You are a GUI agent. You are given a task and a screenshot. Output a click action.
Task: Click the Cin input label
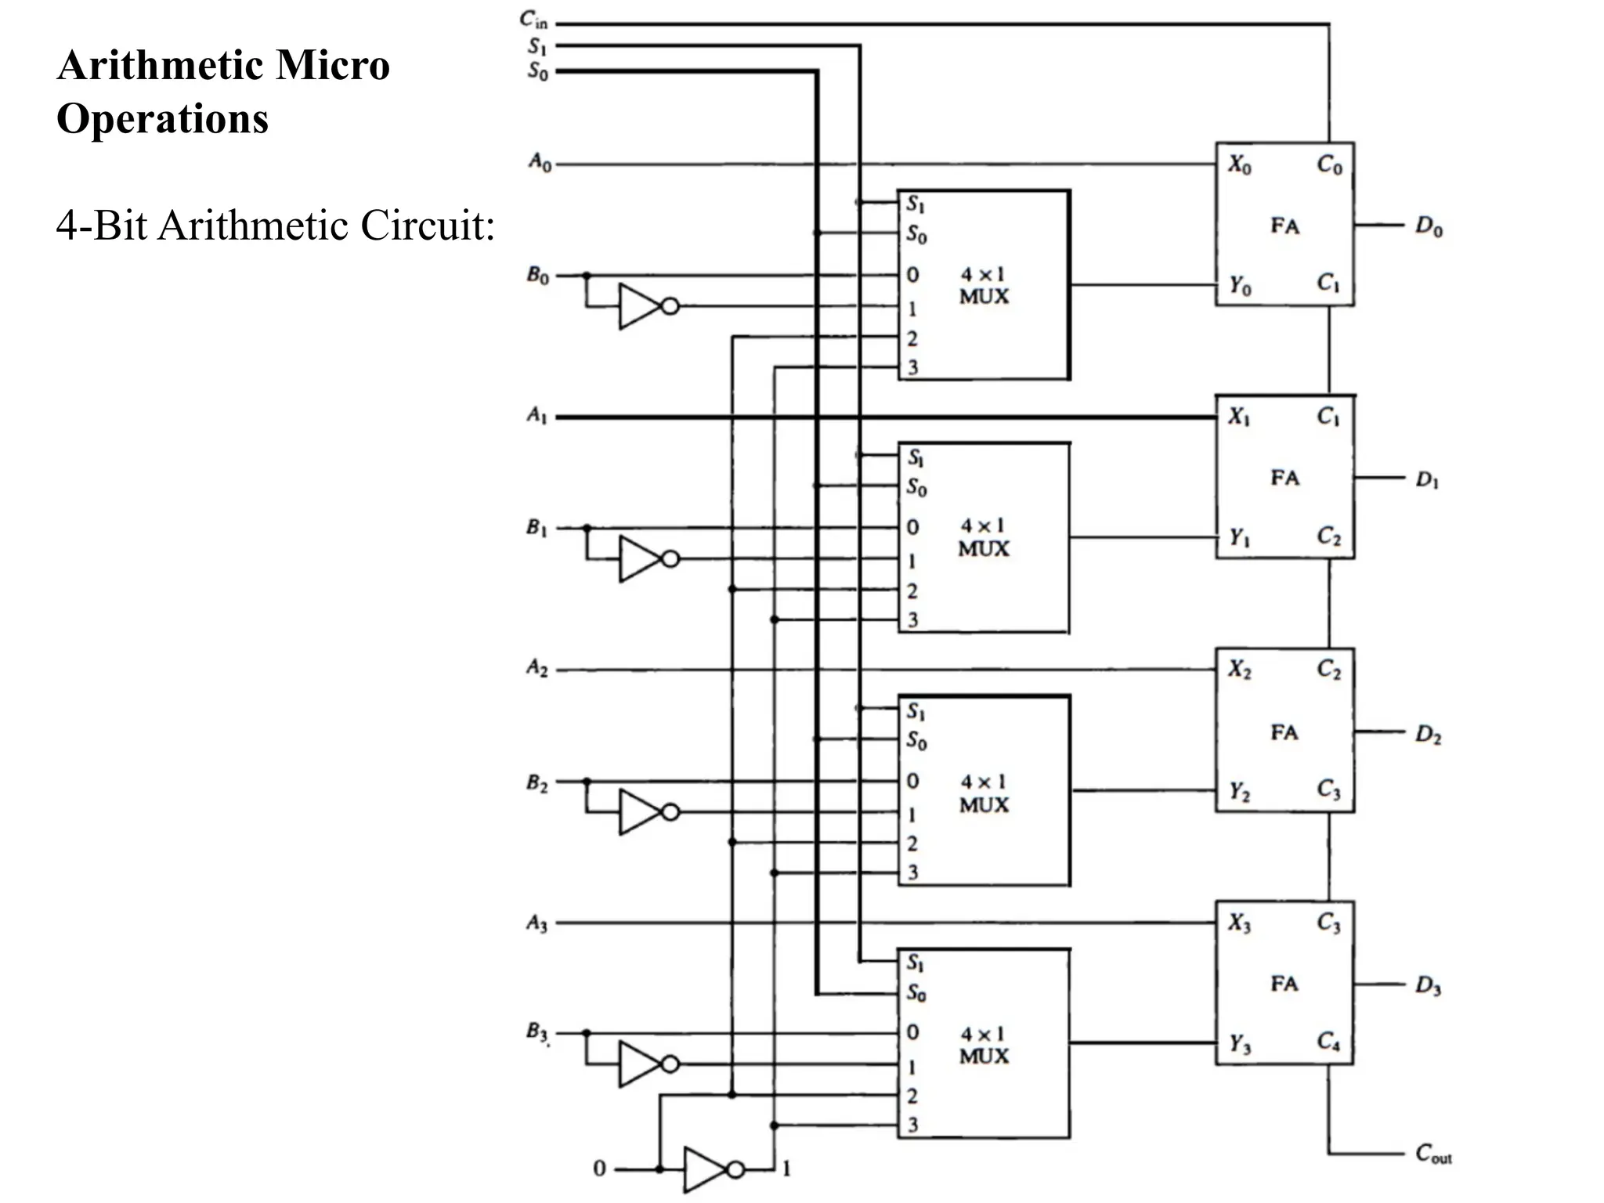(x=534, y=20)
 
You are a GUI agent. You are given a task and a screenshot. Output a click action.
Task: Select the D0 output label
(x=1429, y=227)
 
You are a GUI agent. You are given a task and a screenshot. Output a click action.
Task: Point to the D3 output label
(x=1428, y=986)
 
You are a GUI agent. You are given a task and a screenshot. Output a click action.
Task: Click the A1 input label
(x=536, y=415)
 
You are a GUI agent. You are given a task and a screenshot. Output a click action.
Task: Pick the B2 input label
(x=537, y=783)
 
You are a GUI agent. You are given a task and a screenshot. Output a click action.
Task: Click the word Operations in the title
(x=163, y=119)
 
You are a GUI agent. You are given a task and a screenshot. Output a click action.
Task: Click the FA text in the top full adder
(x=1284, y=226)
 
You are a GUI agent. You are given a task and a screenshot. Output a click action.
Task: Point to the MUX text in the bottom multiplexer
(x=984, y=1057)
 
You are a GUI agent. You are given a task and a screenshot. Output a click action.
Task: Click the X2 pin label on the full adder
(x=1239, y=670)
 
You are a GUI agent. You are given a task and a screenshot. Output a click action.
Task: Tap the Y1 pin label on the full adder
(x=1239, y=537)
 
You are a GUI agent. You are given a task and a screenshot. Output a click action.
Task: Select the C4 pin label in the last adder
(x=1328, y=1042)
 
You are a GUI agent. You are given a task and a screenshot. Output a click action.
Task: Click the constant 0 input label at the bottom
(x=599, y=1169)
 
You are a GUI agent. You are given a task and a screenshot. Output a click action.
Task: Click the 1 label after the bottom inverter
(x=786, y=1169)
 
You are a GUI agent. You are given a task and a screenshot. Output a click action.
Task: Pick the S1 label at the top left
(x=537, y=45)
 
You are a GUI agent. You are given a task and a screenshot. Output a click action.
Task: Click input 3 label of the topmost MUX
(x=912, y=367)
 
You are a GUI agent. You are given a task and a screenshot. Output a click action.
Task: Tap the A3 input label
(x=536, y=923)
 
